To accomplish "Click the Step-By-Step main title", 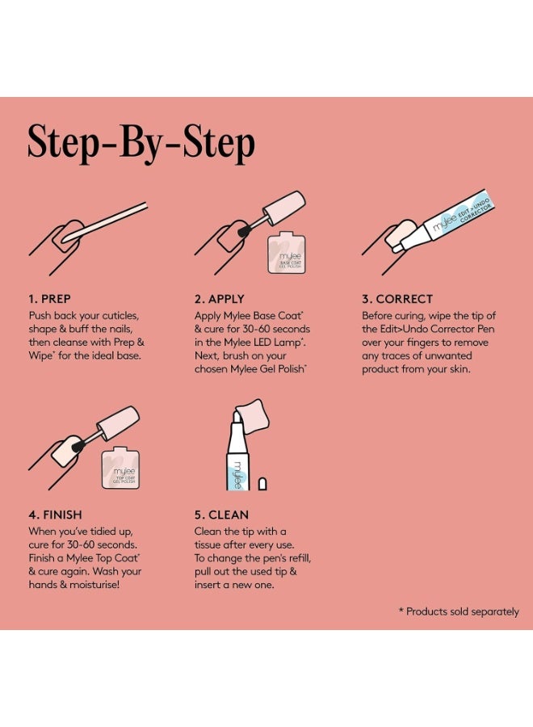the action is [141, 143].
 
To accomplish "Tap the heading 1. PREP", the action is [49, 299].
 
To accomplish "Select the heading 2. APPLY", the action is [219, 299].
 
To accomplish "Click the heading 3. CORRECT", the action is [397, 299].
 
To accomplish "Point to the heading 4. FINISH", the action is [55, 515].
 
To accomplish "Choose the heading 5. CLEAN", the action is [221, 515].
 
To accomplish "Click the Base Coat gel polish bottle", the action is [287, 252].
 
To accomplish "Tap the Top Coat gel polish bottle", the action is [120, 468].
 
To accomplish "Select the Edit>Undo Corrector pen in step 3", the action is [444, 220].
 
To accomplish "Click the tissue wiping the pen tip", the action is [253, 416].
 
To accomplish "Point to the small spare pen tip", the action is [262, 484].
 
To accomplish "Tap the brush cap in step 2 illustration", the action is [287, 204].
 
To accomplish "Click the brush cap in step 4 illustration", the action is [119, 423].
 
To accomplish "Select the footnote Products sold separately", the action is [459, 612].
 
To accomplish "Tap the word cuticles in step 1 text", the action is [120, 316].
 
